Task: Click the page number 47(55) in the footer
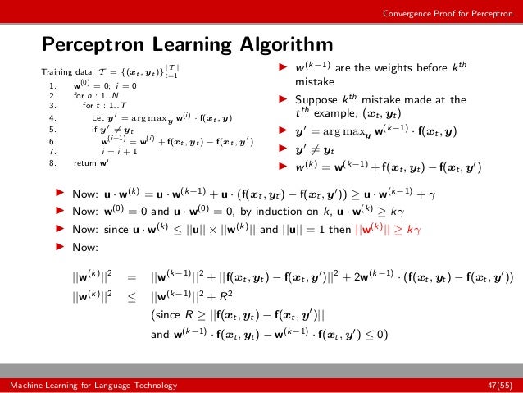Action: click(x=498, y=384)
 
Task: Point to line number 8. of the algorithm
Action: click(x=52, y=162)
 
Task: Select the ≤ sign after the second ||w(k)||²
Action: click(x=131, y=296)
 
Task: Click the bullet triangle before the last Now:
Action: click(x=58, y=246)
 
